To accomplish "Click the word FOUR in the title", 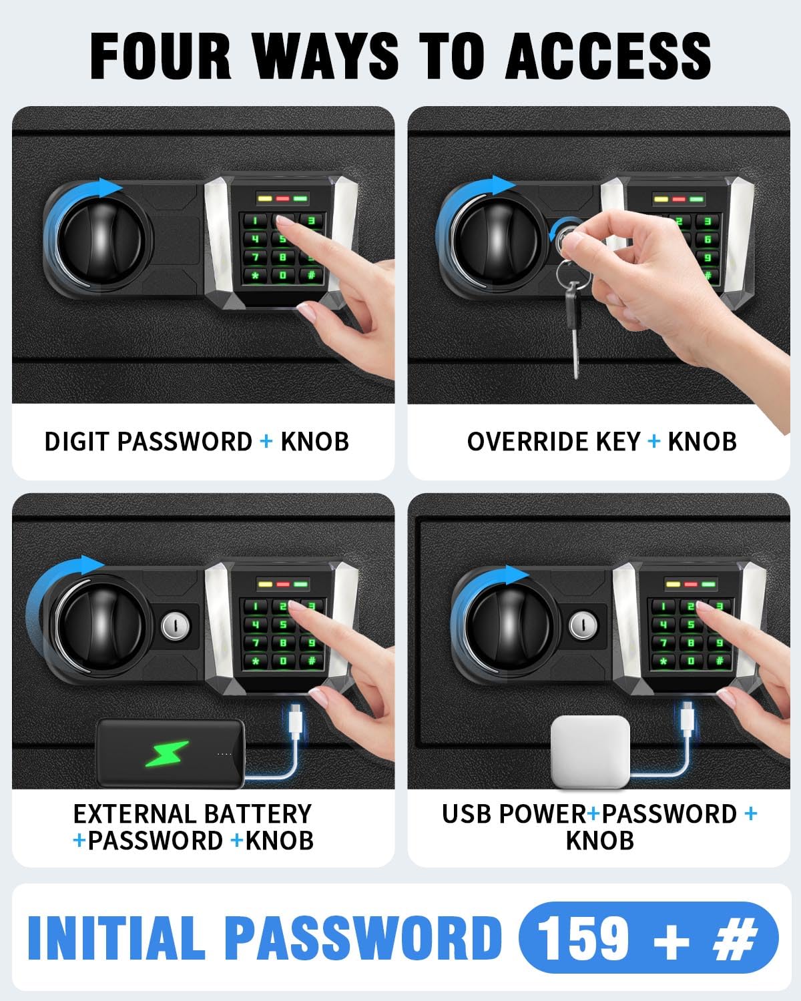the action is pos(160,56).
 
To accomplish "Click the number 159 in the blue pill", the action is pos(585,938).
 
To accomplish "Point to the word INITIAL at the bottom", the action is pos(116,938).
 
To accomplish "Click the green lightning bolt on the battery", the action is pos(167,753).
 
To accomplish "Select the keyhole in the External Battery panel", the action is pos(176,626).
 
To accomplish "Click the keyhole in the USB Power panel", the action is pos(583,625).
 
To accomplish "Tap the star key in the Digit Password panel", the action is pos(255,276).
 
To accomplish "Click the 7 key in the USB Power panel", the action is pos(663,643).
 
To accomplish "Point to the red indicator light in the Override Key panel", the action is pos(679,200).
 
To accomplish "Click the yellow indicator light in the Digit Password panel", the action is pos(265,199).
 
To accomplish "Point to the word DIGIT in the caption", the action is pos(77,441).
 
